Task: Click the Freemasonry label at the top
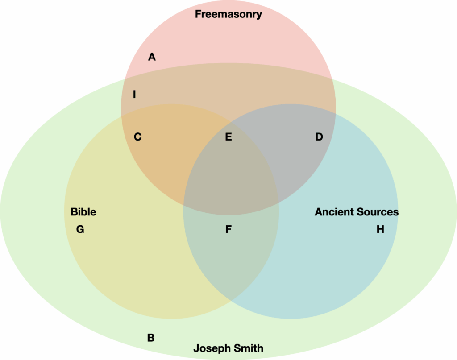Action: tap(228, 14)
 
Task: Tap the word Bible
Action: tap(83, 212)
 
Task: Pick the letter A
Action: tap(152, 57)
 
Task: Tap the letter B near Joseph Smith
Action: tap(151, 338)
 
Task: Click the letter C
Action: tap(138, 137)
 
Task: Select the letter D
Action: tap(319, 137)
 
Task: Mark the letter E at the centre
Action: tap(228, 137)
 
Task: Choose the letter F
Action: tap(228, 230)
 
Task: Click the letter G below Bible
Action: tap(80, 230)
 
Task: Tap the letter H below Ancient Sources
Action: tap(380, 230)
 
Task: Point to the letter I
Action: tap(134, 95)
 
